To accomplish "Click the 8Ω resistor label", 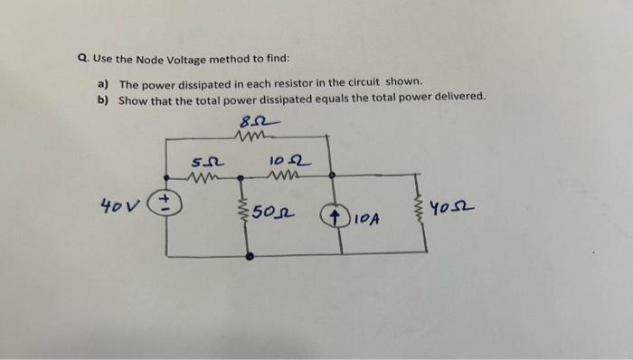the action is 256,122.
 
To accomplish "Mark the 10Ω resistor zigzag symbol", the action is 287,175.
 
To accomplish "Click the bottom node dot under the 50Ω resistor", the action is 250,257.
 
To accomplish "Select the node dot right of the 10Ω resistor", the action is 331,175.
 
